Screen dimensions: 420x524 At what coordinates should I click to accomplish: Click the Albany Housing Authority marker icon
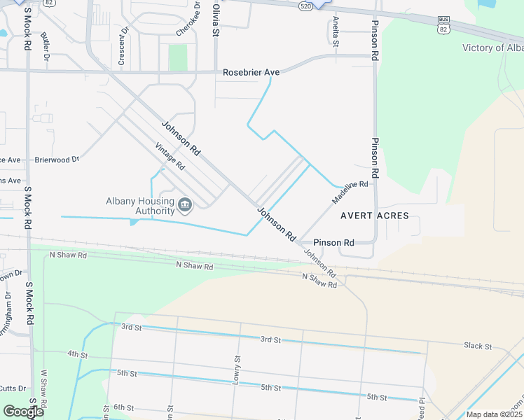(185, 204)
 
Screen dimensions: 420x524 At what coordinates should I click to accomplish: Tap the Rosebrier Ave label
(251, 72)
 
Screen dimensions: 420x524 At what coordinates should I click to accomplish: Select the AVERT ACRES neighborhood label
(374, 216)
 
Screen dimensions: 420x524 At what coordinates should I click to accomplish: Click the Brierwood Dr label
(57, 160)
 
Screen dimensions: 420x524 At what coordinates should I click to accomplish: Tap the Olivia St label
(216, 22)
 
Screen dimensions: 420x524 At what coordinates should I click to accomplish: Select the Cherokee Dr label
(188, 21)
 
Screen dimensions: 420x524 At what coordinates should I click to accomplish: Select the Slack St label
(477, 346)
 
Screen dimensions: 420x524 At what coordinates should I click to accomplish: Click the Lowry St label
(237, 371)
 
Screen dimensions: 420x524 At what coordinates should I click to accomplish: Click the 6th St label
(123, 407)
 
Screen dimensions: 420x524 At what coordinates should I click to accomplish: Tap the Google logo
(22, 412)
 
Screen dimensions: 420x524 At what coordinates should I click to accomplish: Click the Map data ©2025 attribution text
(494, 414)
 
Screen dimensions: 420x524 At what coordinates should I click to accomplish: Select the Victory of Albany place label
(493, 48)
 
